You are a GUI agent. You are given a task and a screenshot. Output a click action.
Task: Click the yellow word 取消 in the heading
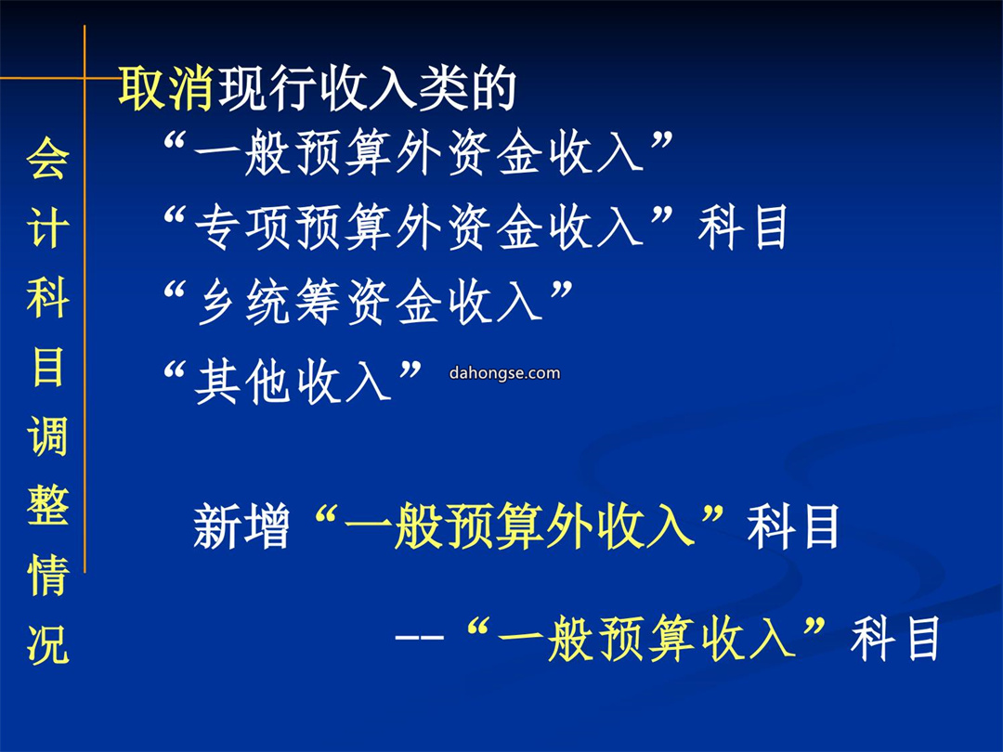point(165,88)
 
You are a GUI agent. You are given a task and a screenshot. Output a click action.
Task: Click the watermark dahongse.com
point(504,373)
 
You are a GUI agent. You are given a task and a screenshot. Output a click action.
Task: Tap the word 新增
point(241,527)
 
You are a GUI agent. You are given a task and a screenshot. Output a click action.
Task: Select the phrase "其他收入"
point(293,382)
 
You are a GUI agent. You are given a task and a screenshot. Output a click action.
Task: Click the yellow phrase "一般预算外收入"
point(520,526)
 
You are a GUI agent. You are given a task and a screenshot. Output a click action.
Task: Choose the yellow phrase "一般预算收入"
point(646,638)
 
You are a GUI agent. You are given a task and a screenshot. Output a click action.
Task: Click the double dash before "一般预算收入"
point(420,638)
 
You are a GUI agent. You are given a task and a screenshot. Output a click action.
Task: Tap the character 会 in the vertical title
point(48,158)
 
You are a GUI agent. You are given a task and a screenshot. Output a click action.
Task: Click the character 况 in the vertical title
point(48,642)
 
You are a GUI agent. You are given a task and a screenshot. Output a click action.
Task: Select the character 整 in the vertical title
point(48,504)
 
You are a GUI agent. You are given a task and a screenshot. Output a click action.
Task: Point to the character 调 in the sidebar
point(48,435)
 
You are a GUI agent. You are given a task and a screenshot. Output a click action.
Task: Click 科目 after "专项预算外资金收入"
point(742,227)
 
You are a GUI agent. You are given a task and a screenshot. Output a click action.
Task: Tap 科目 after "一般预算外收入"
point(793,526)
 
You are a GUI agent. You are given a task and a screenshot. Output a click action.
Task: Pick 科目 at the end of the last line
point(895,638)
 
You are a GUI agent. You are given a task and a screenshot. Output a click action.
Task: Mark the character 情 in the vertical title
point(48,574)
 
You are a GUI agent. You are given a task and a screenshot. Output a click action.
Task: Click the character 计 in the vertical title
point(48,227)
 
